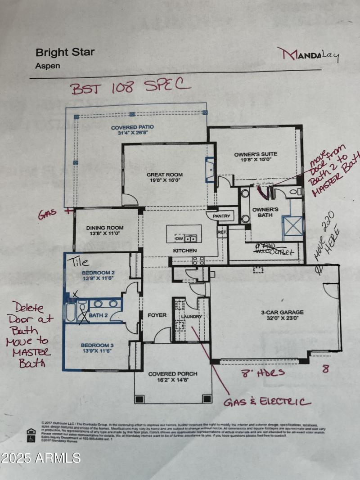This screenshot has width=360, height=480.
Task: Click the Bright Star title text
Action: pos(65,52)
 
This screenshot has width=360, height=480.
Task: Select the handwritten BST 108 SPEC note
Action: pos(130,86)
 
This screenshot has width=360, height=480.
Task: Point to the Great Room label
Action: pos(164,177)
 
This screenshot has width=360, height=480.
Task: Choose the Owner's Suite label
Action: pos(255,157)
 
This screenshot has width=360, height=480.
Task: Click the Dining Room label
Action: pos(105,231)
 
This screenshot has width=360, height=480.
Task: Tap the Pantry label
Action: pos(222,216)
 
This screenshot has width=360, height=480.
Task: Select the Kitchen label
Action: pos(185,250)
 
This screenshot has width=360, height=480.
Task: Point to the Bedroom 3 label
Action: pos(98,349)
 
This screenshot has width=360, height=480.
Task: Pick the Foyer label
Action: pos(157,315)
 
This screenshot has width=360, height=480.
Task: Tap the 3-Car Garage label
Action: pos(283,315)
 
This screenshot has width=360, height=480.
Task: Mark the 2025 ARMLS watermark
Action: pos(40,458)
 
